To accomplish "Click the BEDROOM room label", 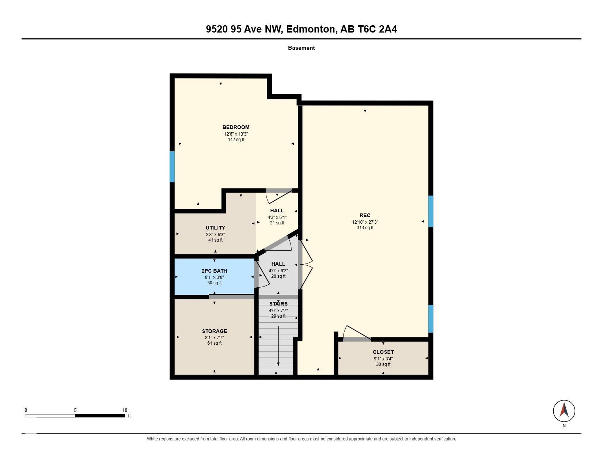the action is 236,128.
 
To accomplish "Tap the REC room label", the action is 365,215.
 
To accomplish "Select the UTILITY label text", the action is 215,228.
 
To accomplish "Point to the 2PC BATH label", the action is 214,271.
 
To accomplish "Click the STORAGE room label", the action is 215,331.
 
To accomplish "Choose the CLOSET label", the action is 383,352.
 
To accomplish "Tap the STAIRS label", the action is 278,304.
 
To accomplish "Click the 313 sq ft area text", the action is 365,228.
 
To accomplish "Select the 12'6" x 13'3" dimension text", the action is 236,134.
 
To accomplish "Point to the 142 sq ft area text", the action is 236,140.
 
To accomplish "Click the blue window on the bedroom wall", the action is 172,167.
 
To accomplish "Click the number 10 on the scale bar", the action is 125,410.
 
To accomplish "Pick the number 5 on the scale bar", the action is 75,410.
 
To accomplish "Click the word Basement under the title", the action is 301,48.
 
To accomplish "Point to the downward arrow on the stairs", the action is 278,346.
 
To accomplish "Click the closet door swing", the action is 357,333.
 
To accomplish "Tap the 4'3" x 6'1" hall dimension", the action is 277,217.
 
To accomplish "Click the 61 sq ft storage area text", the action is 215,343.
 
